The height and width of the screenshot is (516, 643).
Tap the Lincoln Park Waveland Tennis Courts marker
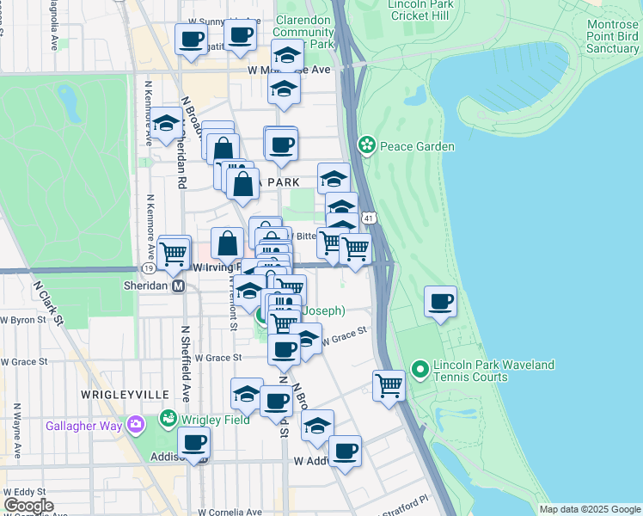[x=420, y=370]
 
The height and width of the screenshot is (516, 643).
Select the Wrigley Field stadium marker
[x=168, y=420]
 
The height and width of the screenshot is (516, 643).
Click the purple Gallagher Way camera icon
[x=134, y=425]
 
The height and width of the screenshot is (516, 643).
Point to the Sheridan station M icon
[x=179, y=286]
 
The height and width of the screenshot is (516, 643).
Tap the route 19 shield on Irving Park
[x=150, y=268]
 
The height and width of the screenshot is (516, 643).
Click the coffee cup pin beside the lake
[x=441, y=302]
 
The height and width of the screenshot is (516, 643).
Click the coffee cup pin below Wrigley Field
[x=193, y=442]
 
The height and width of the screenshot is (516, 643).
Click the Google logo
[x=28, y=506]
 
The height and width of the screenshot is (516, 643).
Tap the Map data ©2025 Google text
[x=589, y=509]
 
